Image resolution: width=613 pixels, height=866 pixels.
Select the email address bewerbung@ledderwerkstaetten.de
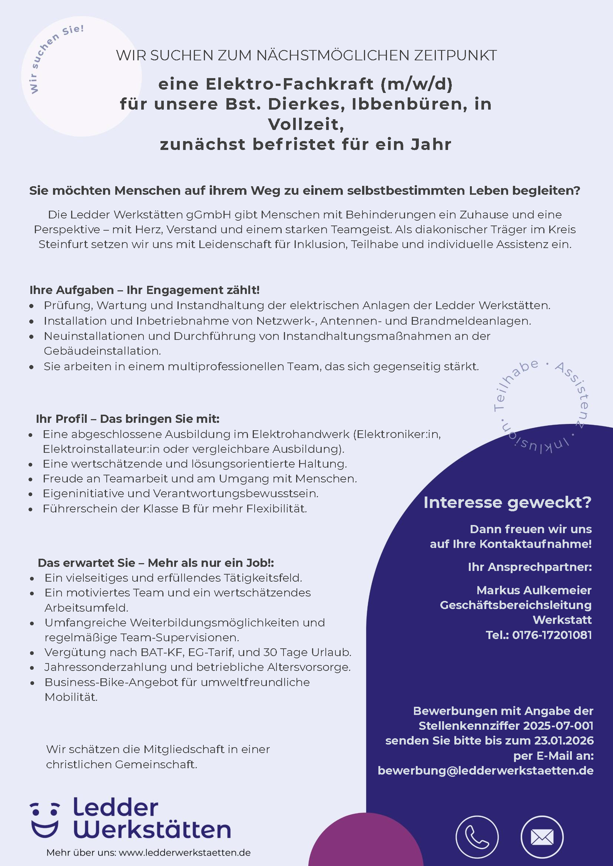[486, 770]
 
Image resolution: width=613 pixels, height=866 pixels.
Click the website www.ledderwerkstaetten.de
[184, 852]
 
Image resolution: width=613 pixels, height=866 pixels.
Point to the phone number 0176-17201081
[552, 635]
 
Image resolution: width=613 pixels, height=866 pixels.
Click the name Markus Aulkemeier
[534, 590]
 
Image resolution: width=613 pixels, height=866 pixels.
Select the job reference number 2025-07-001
[558, 725]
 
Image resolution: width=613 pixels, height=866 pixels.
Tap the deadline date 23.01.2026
[564, 740]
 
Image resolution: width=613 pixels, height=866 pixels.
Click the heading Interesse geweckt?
[507, 502]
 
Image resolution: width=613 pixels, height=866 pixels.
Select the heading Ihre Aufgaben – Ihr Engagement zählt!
[145, 290]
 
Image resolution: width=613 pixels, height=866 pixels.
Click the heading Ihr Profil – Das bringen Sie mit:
[127, 419]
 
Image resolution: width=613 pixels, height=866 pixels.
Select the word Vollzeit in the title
[306, 124]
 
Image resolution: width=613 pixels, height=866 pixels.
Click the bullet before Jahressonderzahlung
[32, 668]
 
